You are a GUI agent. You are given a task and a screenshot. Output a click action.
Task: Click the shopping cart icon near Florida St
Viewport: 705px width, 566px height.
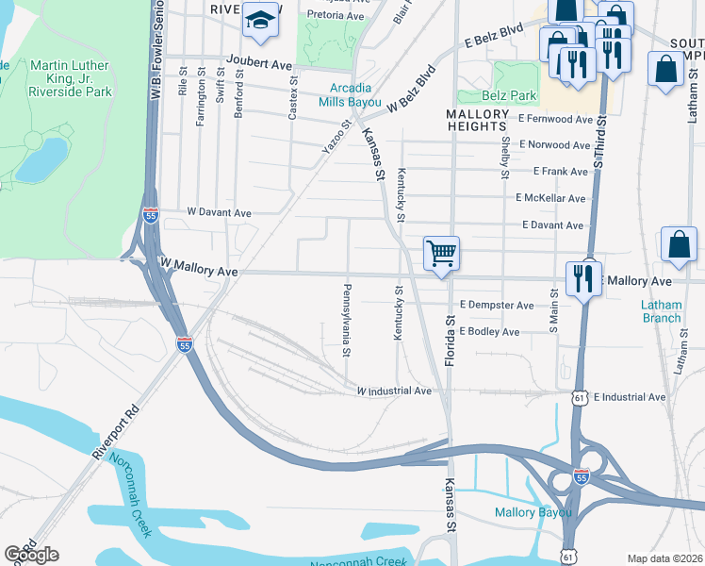pyautogui.click(x=440, y=253)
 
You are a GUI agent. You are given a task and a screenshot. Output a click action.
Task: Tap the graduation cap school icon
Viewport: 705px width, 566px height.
pyautogui.click(x=258, y=20)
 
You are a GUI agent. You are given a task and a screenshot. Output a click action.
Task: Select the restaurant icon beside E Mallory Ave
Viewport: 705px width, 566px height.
pyautogui.click(x=583, y=277)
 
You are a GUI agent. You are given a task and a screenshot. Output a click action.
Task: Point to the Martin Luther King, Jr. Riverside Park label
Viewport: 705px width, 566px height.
pyautogui.click(x=71, y=78)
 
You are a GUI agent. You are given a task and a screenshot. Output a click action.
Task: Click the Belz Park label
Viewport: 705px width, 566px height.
pyautogui.click(x=510, y=95)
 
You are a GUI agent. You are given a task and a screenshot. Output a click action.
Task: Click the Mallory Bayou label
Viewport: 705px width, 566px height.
pyautogui.click(x=533, y=512)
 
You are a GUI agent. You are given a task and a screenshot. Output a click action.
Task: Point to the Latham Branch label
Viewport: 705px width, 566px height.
pyautogui.click(x=661, y=311)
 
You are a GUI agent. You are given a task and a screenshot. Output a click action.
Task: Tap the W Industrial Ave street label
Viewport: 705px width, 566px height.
pyautogui.click(x=393, y=391)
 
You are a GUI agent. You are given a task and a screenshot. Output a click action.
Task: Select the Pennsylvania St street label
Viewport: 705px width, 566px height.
pyautogui.click(x=348, y=320)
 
